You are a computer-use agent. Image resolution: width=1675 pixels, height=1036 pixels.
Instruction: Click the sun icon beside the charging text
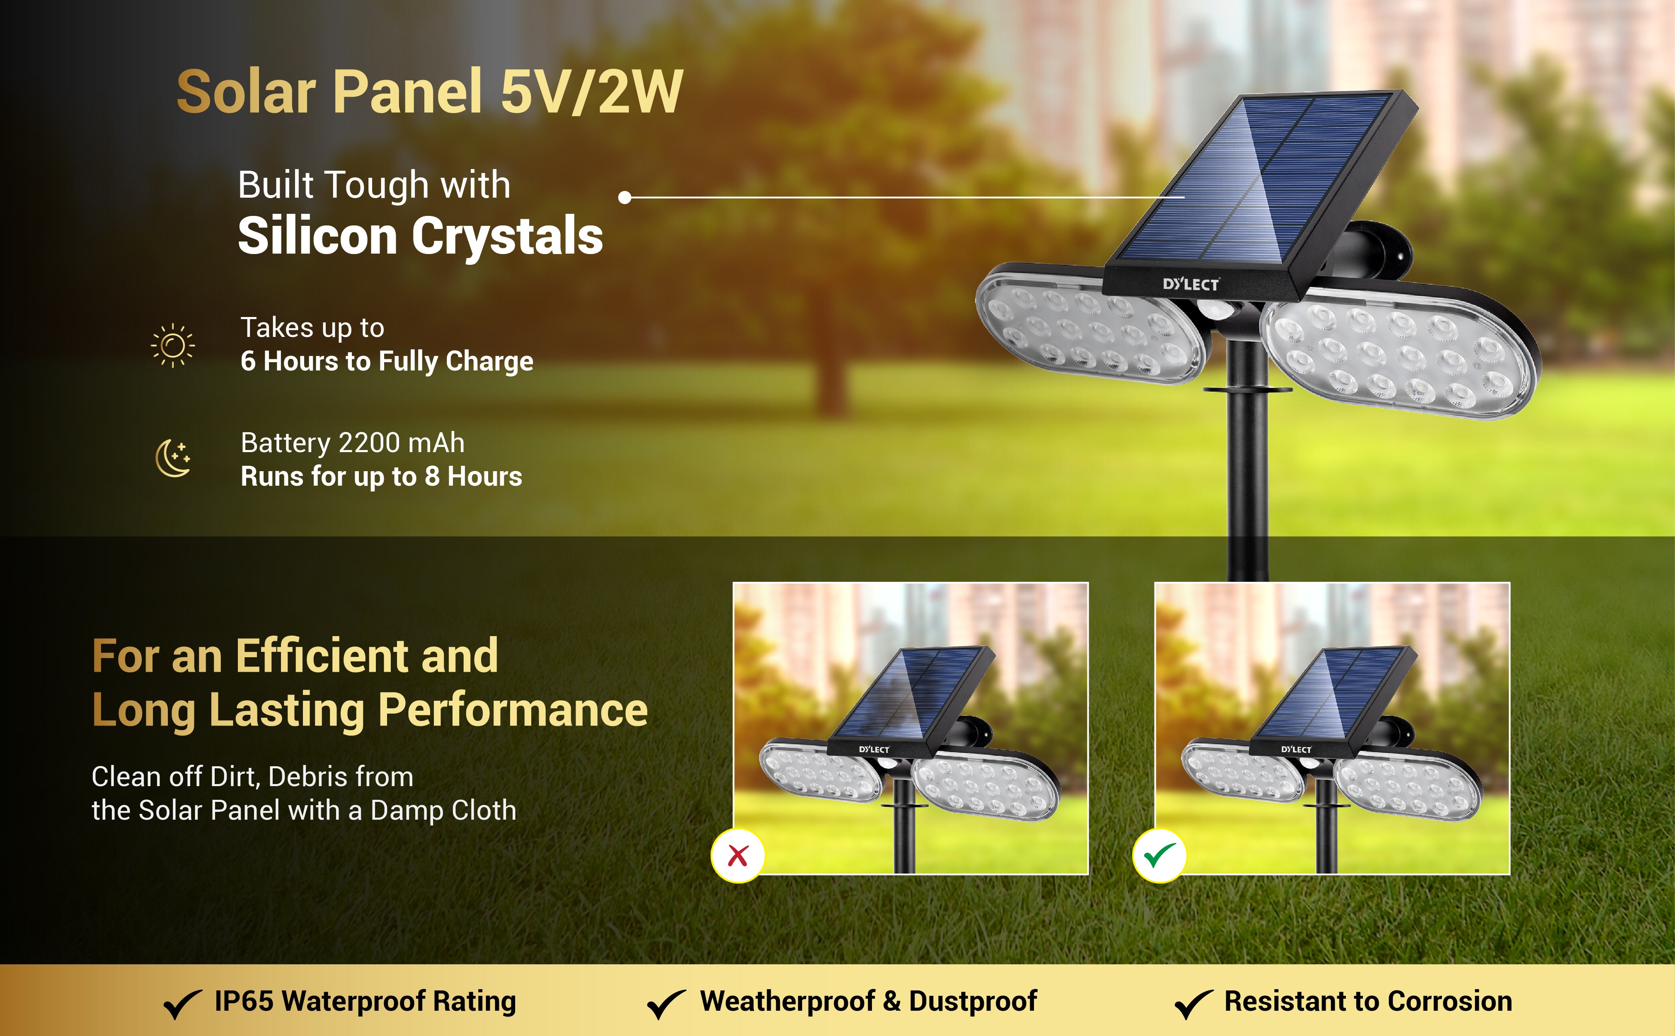click(173, 345)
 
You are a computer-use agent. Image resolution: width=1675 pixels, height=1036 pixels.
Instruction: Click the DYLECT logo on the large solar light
click(1191, 284)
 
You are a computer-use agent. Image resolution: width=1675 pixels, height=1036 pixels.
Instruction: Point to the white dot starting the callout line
click(624, 197)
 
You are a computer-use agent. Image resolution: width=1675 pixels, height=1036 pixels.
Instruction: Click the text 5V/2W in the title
click(592, 92)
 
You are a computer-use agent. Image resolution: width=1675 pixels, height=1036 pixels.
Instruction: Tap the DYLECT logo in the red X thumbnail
click(874, 750)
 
